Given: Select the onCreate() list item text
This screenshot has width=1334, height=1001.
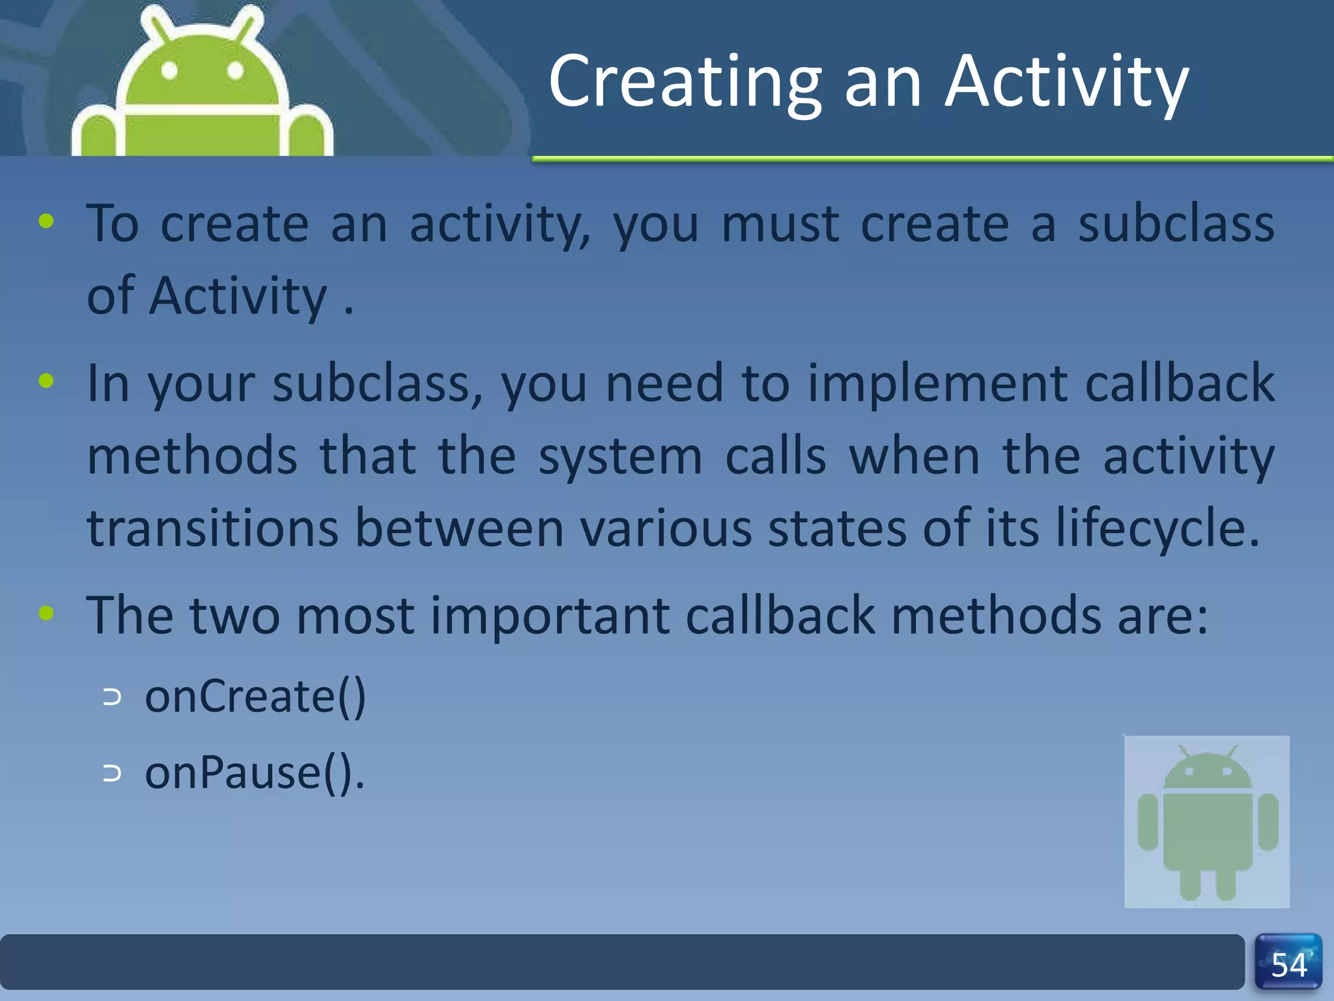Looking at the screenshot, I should pyautogui.click(x=255, y=696).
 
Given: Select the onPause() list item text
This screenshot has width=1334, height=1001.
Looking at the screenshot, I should pyautogui.click(x=254, y=773).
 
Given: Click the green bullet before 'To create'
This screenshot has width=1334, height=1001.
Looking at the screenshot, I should pyautogui.click(x=46, y=222).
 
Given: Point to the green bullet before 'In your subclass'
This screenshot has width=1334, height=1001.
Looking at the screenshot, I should pyautogui.click(x=46, y=381).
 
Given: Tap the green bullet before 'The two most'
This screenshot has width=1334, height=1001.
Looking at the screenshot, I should pyautogui.click(x=46, y=613).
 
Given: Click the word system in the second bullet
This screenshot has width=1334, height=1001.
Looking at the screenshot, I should pyautogui.click(x=620, y=456).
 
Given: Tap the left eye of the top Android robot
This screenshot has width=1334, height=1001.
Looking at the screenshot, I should pyautogui.click(x=169, y=70).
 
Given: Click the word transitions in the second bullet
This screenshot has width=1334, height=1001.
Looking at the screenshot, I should pyautogui.click(x=212, y=528).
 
